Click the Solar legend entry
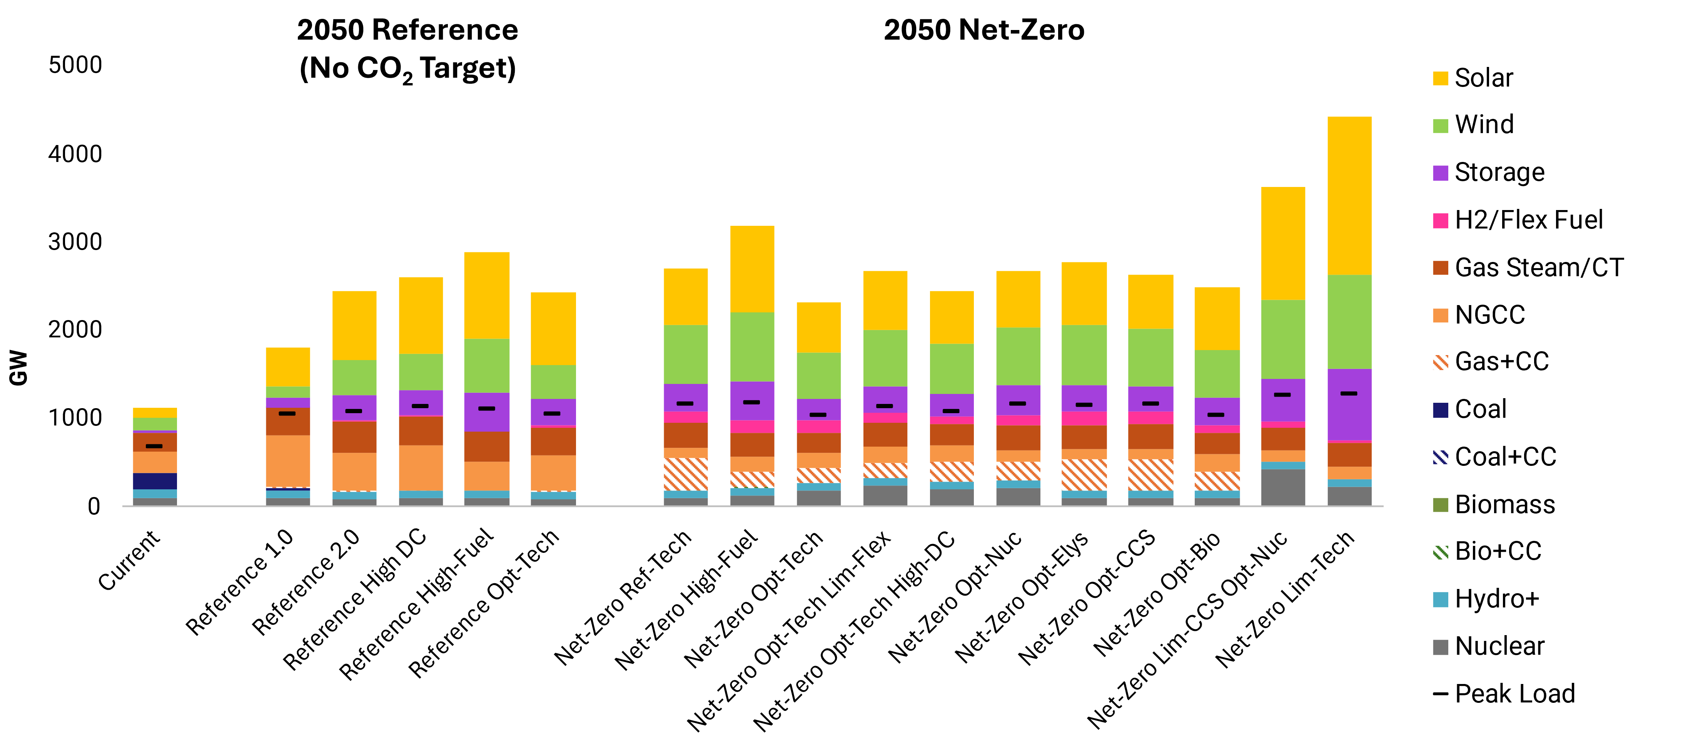[x=1483, y=78]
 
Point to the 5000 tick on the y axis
[x=75, y=65]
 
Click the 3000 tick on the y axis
[x=75, y=242]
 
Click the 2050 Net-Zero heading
[x=984, y=30]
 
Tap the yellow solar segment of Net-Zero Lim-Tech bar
[x=1349, y=195]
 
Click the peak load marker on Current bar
[x=154, y=446]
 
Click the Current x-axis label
[x=129, y=560]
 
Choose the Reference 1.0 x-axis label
[x=240, y=582]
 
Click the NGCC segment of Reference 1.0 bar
[x=288, y=460]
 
